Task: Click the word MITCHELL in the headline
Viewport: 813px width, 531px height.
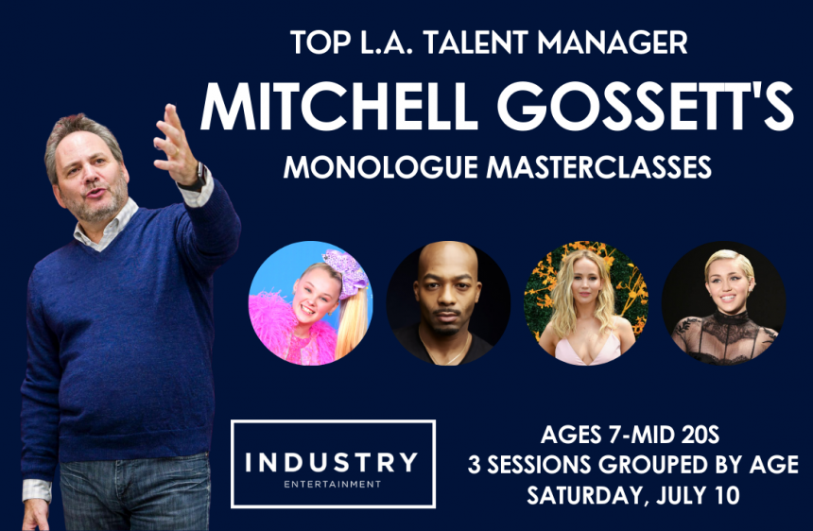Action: click(x=338, y=106)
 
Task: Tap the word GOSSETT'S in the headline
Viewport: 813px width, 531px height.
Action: click(x=646, y=106)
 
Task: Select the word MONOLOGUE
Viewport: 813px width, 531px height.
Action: click(x=381, y=167)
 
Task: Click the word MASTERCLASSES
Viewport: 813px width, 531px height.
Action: click(x=598, y=167)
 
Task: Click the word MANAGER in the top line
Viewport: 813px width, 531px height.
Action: click(x=613, y=43)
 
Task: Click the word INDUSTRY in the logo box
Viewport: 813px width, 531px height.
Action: click(x=331, y=462)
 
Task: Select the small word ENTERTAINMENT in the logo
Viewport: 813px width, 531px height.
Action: click(x=333, y=485)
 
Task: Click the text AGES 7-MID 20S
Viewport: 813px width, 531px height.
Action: click(x=630, y=435)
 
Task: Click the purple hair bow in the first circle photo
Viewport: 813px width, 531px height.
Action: click(x=345, y=273)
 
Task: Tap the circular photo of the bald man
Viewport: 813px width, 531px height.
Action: click(x=448, y=303)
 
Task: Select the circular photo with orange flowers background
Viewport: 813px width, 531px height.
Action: click(x=586, y=303)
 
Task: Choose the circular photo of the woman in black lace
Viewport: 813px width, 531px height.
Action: click(x=724, y=303)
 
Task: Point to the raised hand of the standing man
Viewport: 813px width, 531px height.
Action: click(x=175, y=144)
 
